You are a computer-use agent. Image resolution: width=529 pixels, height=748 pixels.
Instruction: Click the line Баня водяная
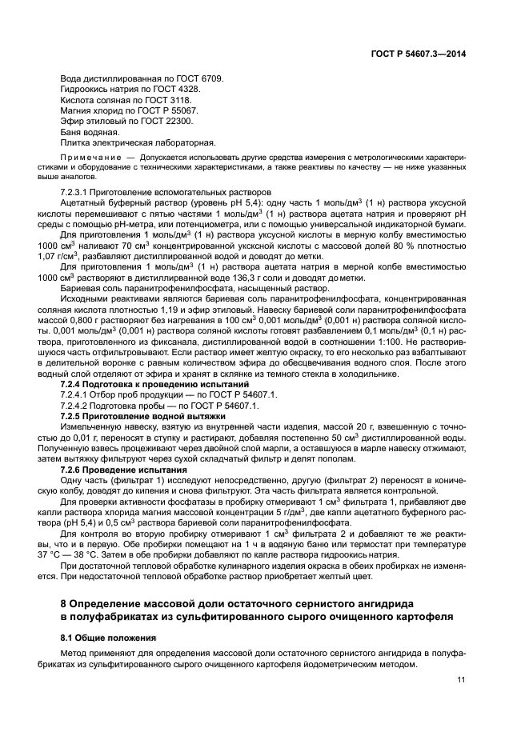coord(90,131)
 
